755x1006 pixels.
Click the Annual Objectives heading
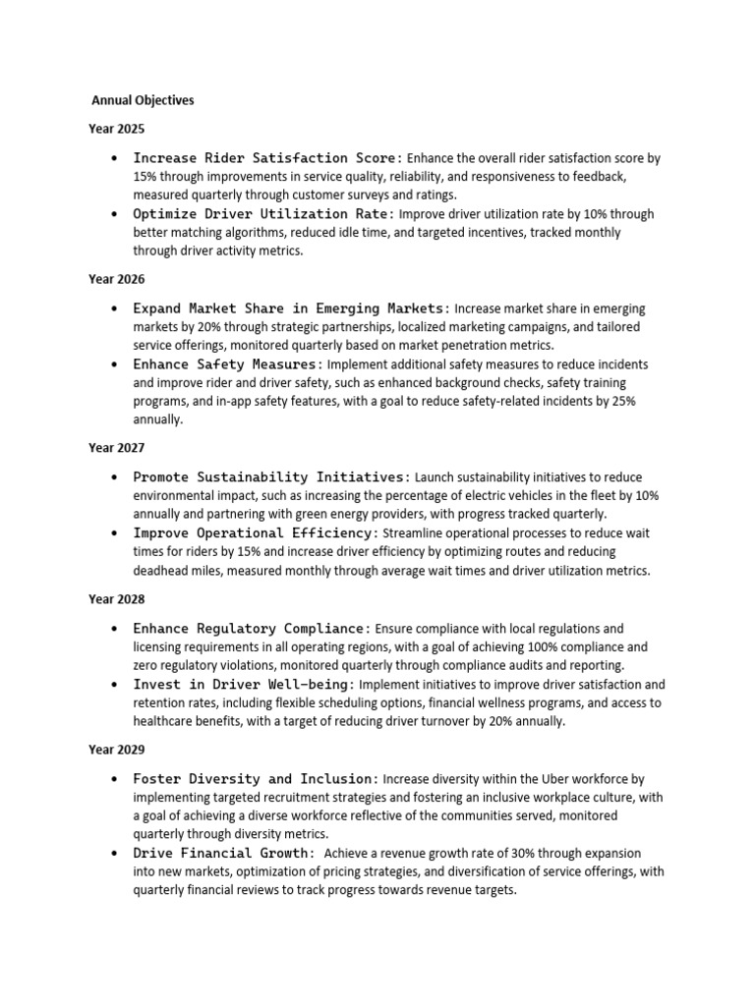[x=143, y=100]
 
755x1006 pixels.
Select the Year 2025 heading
[x=116, y=129]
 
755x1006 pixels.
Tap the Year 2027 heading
[x=116, y=448]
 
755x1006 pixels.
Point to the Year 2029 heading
[x=116, y=750]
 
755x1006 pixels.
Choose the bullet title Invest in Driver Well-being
[x=245, y=684]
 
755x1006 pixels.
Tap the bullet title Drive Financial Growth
[x=224, y=853]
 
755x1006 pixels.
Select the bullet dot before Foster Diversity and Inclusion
[x=116, y=778]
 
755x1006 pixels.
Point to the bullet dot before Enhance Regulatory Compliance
[x=116, y=628]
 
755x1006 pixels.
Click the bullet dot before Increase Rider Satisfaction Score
[x=116, y=158]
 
